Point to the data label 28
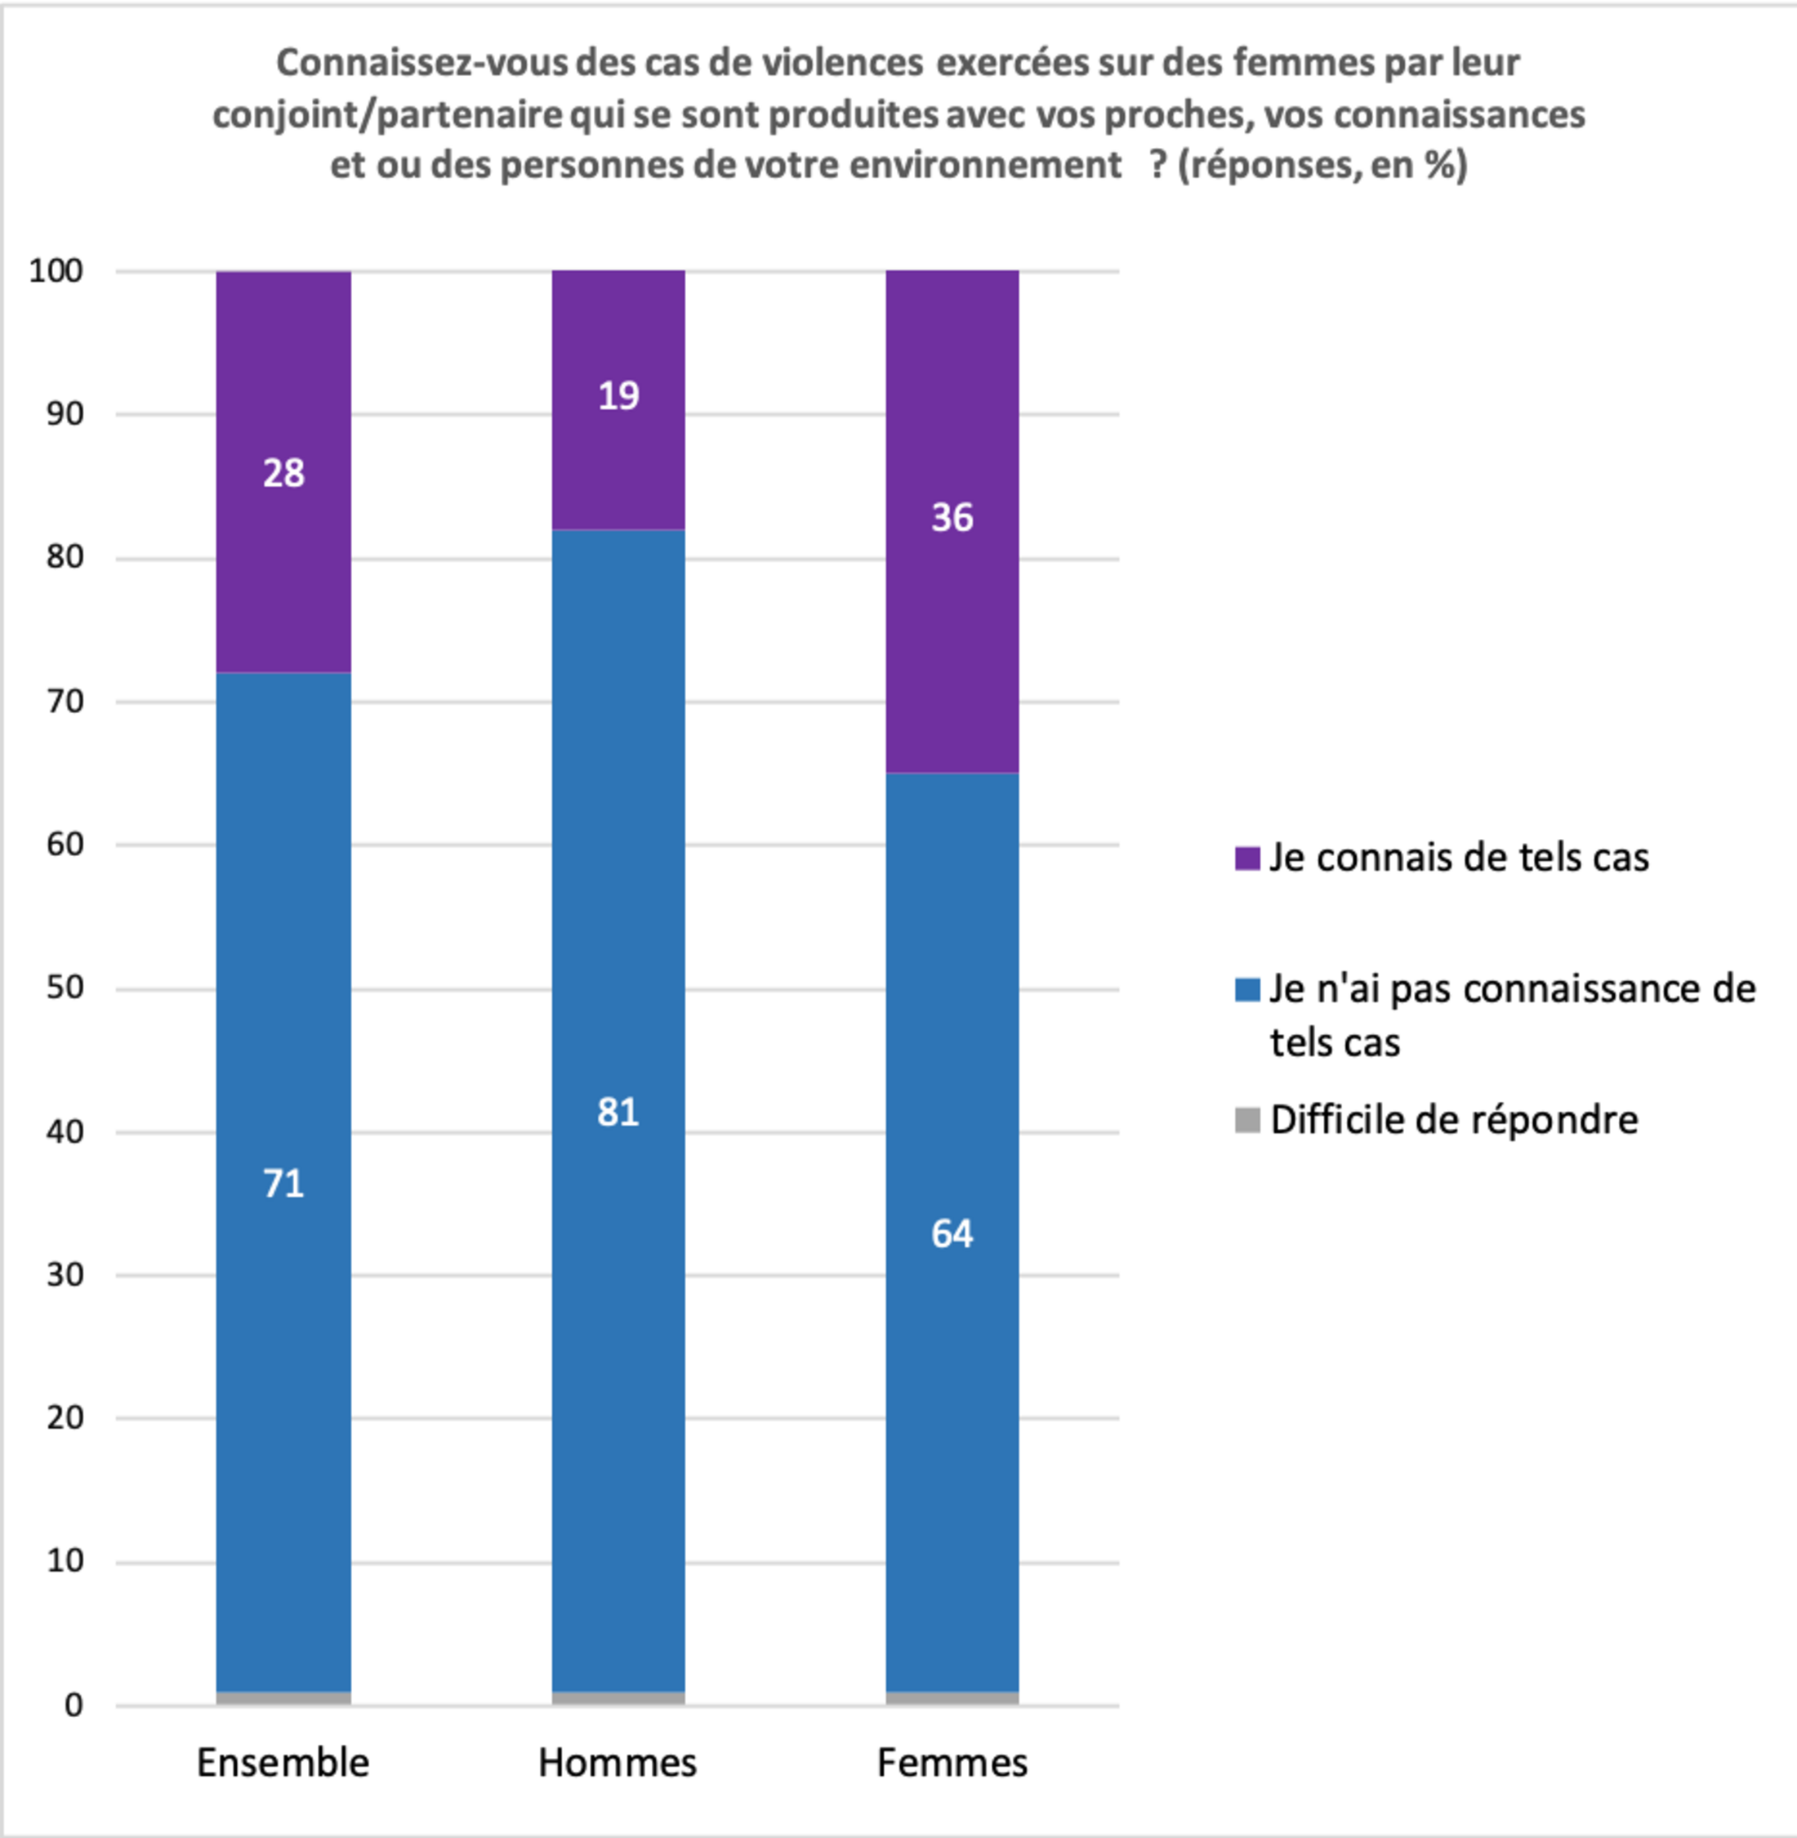(x=283, y=473)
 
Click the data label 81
(x=618, y=1112)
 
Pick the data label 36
(x=952, y=517)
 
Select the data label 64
(x=952, y=1234)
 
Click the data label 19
(x=618, y=395)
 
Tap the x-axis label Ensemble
(x=283, y=1763)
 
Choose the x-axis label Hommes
(x=618, y=1763)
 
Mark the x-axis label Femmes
(x=952, y=1763)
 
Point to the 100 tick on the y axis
(x=56, y=271)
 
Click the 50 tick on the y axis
(x=65, y=988)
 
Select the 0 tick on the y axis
(x=73, y=1705)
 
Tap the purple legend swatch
(x=1246, y=858)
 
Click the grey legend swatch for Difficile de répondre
(x=1246, y=1121)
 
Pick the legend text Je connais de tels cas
(x=1458, y=857)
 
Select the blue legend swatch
(x=1246, y=989)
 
